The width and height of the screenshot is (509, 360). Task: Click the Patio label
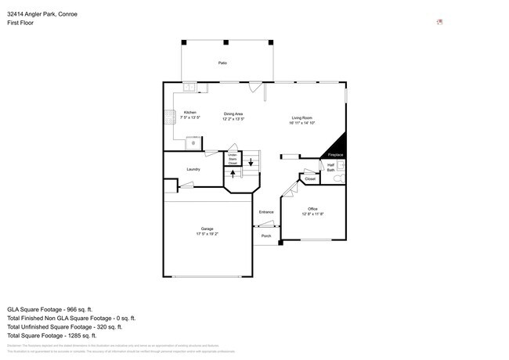[222, 62]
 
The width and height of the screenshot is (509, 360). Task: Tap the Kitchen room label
[190, 113]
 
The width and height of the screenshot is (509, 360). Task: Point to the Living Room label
[301, 118]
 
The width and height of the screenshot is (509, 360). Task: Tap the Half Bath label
[330, 167]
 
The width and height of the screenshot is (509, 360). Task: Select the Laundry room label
[193, 169]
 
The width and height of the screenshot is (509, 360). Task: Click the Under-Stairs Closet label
[233, 159]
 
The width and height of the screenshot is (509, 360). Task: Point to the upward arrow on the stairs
[233, 174]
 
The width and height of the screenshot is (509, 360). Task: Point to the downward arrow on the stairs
[251, 162]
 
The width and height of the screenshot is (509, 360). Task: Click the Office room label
[312, 209]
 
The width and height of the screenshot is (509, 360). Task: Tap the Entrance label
[266, 212]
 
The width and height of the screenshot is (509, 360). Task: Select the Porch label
[266, 236]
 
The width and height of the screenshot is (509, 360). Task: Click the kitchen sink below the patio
[191, 87]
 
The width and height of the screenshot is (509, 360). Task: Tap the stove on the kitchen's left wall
[168, 119]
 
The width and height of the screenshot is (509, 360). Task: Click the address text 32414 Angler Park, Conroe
[42, 14]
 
